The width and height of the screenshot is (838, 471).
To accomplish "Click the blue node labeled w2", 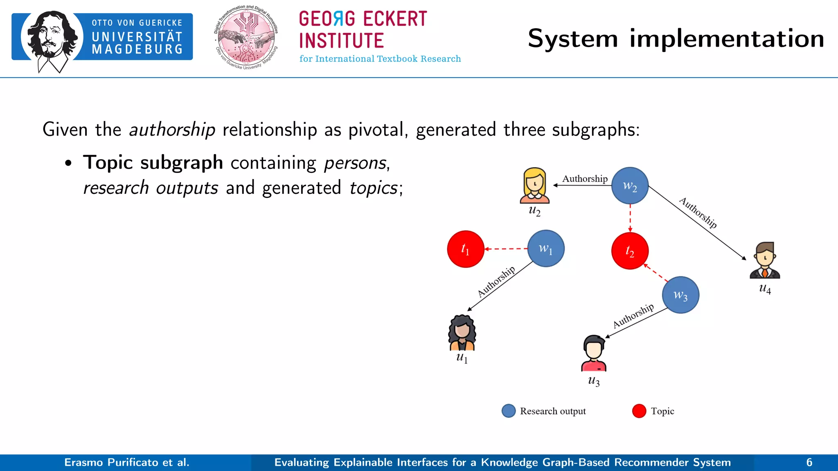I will pos(630,186).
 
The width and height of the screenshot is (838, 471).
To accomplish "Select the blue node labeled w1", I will pos(546,249).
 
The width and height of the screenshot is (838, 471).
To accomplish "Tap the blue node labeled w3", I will pos(680,295).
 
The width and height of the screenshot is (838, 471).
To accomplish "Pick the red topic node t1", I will pos(466,249).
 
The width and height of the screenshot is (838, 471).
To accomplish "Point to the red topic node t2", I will pos(630,251).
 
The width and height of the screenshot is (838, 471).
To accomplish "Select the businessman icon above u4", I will pos(765,260).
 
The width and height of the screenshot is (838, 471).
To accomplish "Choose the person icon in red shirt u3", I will pos(594,353).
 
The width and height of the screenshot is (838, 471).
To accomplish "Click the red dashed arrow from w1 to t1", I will pos(506,249).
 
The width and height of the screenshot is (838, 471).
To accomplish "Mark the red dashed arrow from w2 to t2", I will pos(630,218).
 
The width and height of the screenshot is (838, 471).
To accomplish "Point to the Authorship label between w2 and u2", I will pos(585,179).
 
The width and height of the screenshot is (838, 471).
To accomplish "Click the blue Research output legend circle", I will pos(509,411).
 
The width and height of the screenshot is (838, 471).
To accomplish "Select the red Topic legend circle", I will pos(639,411).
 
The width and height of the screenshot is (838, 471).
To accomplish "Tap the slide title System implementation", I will pos(676,39).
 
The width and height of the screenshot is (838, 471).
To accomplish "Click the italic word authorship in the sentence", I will pos(172,130).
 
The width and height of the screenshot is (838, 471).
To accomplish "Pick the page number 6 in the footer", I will pos(809,462).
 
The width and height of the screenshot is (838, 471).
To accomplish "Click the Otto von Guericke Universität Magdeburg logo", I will pos(102,39).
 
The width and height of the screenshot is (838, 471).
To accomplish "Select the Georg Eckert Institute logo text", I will pos(363,31).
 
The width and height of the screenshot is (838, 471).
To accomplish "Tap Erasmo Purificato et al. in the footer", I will pos(127,462).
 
